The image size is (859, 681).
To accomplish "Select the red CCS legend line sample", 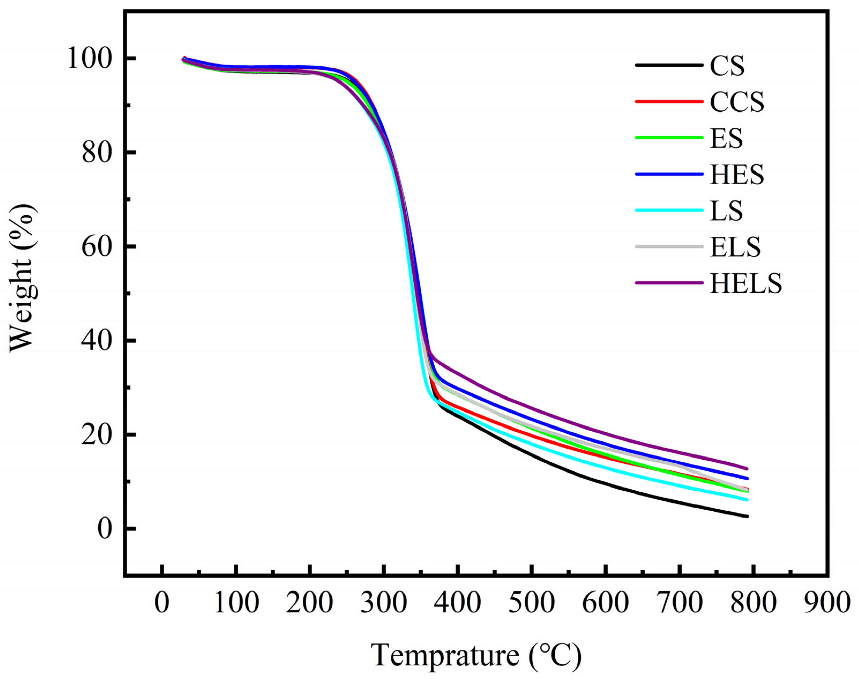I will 669,102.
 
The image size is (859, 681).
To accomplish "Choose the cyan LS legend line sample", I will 669,210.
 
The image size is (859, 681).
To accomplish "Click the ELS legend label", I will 735,247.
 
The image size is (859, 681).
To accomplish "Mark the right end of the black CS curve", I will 747,516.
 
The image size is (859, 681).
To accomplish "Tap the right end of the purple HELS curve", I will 747,469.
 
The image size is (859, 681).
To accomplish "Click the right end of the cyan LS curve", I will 747,500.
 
